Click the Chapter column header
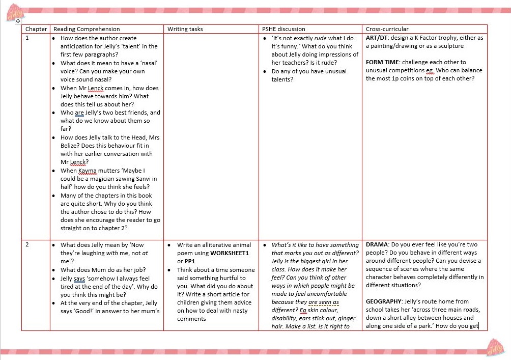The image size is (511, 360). (x=36, y=29)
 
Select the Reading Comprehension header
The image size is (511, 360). (x=87, y=29)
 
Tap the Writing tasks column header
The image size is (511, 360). (x=185, y=29)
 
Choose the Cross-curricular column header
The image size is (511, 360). (x=387, y=29)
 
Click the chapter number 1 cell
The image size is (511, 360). (x=27, y=38)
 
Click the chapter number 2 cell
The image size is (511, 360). (x=27, y=245)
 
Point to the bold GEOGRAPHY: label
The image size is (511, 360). (x=385, y=301)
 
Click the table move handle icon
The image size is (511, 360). (x=18, y=21)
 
